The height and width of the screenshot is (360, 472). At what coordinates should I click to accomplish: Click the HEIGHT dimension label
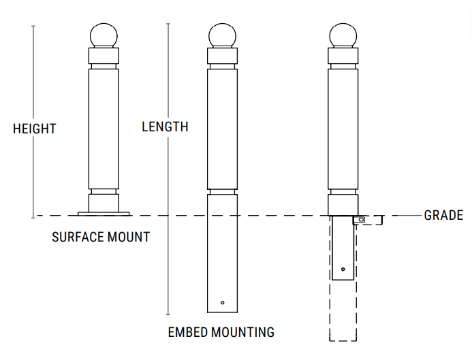(34, 129)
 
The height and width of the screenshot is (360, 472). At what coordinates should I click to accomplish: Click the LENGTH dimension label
(165, 127)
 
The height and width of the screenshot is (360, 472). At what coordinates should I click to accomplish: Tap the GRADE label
(443, 216)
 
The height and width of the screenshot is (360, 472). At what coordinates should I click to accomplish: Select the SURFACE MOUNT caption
(101, 238)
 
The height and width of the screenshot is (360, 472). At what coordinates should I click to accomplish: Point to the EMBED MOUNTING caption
(221, 333)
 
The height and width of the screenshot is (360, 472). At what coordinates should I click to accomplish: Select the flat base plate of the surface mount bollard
(104, 214)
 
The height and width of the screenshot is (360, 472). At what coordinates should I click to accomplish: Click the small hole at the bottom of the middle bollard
(223, 302)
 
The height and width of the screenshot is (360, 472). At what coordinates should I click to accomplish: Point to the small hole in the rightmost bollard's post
(343, 269)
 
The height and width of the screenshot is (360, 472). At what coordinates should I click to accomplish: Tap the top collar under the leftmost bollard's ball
(104, 56)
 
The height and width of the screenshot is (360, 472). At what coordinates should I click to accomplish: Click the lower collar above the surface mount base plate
(104, 202)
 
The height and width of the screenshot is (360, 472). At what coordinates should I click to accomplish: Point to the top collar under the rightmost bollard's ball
(343, 56)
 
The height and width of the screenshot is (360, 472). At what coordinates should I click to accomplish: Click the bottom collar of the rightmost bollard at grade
(343, 205)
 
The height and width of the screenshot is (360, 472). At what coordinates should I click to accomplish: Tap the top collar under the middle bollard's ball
(223, 56)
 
